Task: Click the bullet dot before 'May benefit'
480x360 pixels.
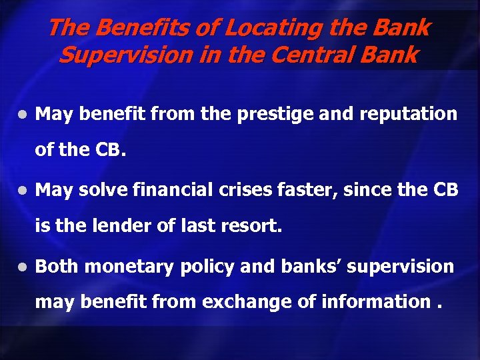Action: pos(23,115)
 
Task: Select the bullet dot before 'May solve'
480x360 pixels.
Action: pos(23,191)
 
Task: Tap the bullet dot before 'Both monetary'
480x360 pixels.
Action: pos(23,267)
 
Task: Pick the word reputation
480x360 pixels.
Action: pos(408,114)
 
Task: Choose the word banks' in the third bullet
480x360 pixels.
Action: pos(307,267)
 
